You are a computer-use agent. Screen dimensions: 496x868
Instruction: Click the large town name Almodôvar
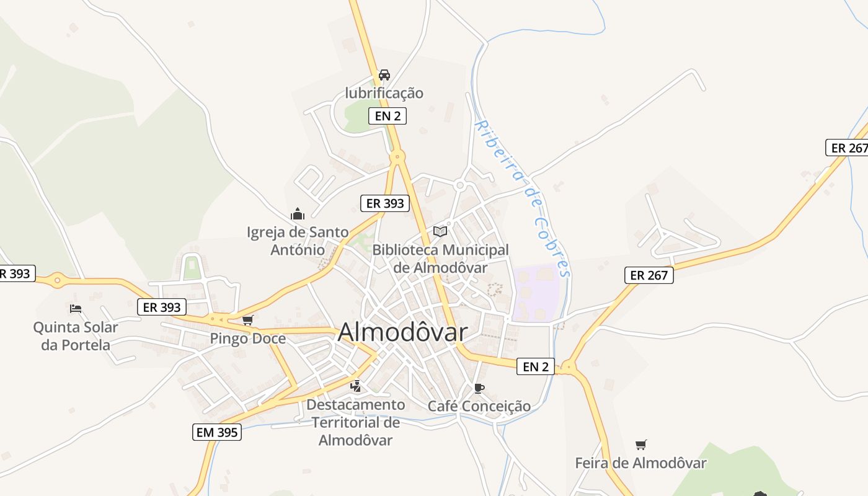coord(402,332)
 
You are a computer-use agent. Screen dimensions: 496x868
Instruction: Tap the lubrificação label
coord(384,93)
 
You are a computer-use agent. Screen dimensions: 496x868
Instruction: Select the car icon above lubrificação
coord(384,75)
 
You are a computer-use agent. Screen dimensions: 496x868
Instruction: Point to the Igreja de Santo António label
coord(298,241)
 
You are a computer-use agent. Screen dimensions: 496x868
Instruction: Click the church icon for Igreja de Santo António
coord(298,215)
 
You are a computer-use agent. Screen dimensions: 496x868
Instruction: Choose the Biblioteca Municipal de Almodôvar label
coord(440,259)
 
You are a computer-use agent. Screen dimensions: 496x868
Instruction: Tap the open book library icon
coord(440,231)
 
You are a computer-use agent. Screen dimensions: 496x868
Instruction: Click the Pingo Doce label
coord(247,339)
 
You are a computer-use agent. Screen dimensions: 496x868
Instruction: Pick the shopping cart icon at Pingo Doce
coord(248,321)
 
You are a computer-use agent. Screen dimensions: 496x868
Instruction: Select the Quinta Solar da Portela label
coord(76,335)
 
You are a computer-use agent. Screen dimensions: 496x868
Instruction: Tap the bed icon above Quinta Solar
coord(76,308)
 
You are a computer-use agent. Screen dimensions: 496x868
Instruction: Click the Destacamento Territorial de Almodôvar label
coord(356,422)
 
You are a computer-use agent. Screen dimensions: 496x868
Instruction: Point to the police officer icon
coord(356,387)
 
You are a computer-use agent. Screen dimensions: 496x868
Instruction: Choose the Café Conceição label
coord(479,406)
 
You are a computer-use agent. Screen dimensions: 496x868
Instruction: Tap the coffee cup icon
coord(479,388)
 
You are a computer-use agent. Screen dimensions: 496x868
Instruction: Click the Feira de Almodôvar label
coord(640,463)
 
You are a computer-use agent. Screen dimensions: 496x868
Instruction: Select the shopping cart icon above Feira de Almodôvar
coord(641,445)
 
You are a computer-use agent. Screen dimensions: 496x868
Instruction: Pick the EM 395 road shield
coord(216,432)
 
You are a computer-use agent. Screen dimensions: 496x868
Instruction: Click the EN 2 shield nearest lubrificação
coord(387,115)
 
